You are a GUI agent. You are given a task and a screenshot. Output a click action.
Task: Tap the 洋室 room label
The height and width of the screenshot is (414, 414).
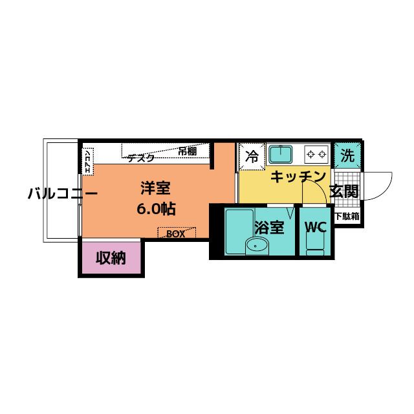[157, 189]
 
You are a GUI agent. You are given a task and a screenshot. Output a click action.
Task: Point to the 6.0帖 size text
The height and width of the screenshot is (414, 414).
[157, 210]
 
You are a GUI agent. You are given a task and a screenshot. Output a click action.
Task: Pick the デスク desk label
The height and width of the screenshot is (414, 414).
[140, 157]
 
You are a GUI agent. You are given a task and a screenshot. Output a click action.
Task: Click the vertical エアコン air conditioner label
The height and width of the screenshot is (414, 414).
[87, 160]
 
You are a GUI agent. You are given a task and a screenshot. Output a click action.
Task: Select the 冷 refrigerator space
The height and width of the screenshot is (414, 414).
[252, 156]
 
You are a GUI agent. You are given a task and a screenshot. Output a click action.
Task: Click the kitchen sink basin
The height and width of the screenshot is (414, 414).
[281, 155]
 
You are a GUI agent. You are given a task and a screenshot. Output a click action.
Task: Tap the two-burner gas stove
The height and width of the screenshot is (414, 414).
[317, 155]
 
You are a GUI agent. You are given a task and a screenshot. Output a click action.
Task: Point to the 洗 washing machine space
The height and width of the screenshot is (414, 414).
[349, 156]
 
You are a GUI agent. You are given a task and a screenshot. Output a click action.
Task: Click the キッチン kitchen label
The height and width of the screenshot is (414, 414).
[297, 176]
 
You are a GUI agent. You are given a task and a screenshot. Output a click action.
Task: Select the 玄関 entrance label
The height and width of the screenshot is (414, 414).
[343, 191]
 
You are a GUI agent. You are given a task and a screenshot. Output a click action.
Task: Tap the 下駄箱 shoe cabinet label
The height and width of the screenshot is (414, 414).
[347, 217]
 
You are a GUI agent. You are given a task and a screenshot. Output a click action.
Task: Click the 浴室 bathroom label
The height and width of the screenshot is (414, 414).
[268, 228]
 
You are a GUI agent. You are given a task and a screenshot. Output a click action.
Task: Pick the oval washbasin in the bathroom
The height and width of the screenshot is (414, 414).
[257, 245]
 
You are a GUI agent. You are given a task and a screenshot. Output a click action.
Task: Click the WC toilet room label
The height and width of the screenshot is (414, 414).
[315, 228]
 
